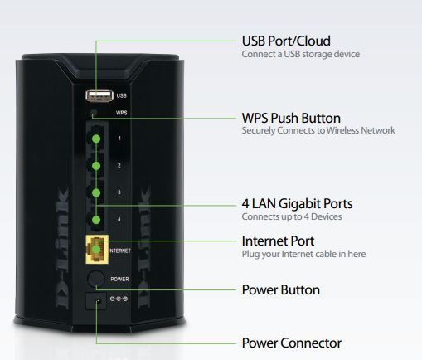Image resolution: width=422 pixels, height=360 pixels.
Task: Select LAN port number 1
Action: point(96,137)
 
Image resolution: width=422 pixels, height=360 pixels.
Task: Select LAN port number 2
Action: point(96,166)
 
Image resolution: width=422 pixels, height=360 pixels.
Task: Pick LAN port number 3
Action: point(96,192)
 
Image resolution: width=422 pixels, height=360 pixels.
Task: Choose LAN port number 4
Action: point(96,220)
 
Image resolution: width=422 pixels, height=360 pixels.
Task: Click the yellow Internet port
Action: point(96,249)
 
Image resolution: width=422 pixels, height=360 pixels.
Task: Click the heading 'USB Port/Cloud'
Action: point(286,41)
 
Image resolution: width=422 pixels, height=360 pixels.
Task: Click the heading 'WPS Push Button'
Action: point(290,118)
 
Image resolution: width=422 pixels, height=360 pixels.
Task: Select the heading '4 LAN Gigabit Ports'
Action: point(296,203)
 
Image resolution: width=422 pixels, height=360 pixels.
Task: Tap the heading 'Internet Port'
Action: point(277,241)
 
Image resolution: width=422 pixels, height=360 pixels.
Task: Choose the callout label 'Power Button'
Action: point(280,290)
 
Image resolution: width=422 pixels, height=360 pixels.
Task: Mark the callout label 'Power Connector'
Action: point(291,343)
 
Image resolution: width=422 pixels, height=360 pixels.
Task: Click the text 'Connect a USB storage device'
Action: point(300,54)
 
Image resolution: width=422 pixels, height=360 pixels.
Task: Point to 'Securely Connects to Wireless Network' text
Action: point(318,131)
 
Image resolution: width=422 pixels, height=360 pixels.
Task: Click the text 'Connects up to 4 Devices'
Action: point(291,216)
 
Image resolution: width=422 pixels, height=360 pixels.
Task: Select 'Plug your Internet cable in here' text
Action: point(303,254)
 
